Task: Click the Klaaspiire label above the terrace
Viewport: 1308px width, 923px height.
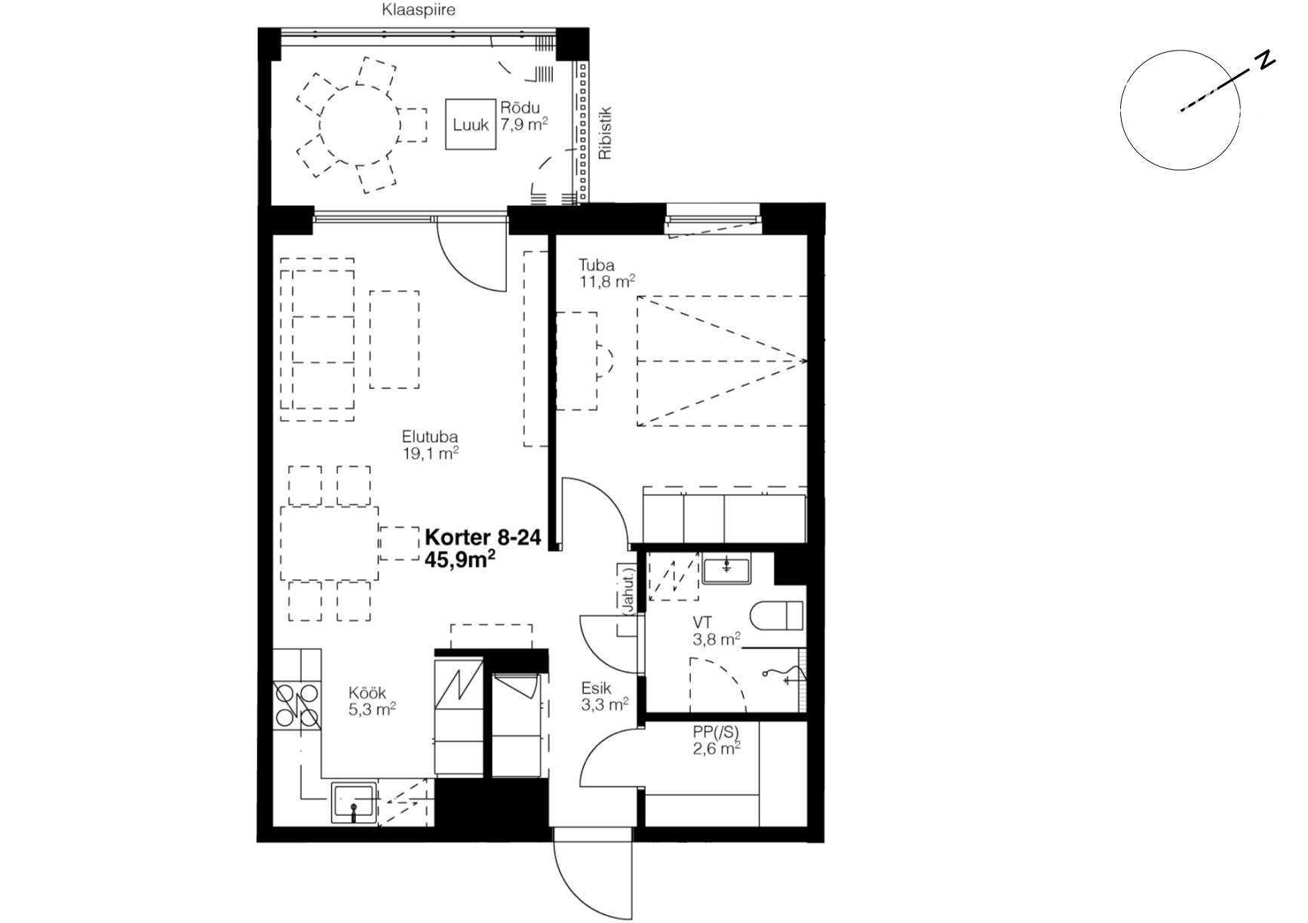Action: [x=419, y=11]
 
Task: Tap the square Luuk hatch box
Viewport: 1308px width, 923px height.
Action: [x=471, y=124]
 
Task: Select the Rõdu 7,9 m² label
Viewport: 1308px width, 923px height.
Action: [x=524, y=116]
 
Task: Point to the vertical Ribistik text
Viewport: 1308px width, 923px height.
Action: [x=604, y=133]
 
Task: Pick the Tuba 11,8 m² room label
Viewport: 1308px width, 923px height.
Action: [x=606, y=274]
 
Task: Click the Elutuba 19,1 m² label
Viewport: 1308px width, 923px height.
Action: [x=430, y=445]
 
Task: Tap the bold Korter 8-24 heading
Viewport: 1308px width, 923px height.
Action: [x=483, y=538]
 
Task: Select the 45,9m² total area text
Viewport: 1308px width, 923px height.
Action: [x=460, y=559]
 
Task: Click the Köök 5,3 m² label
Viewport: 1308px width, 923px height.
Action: [x=373, y=701]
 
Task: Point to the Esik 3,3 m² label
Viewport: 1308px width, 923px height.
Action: [x=605, y=697]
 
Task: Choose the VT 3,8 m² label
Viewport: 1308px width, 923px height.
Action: [x=716, y=632]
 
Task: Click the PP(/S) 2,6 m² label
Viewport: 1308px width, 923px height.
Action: [x=716, y=740]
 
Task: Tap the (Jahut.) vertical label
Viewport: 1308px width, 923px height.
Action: [x=627, y=589]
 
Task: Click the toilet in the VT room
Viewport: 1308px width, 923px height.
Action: [x=777, y=616]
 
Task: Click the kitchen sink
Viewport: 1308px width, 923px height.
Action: [x=354, y=802]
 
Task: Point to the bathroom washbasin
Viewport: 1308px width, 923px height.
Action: [x=727, y=569]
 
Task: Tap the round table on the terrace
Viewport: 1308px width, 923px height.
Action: [x=361, y=124]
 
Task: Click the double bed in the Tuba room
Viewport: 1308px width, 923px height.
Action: [x=722, y=360]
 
